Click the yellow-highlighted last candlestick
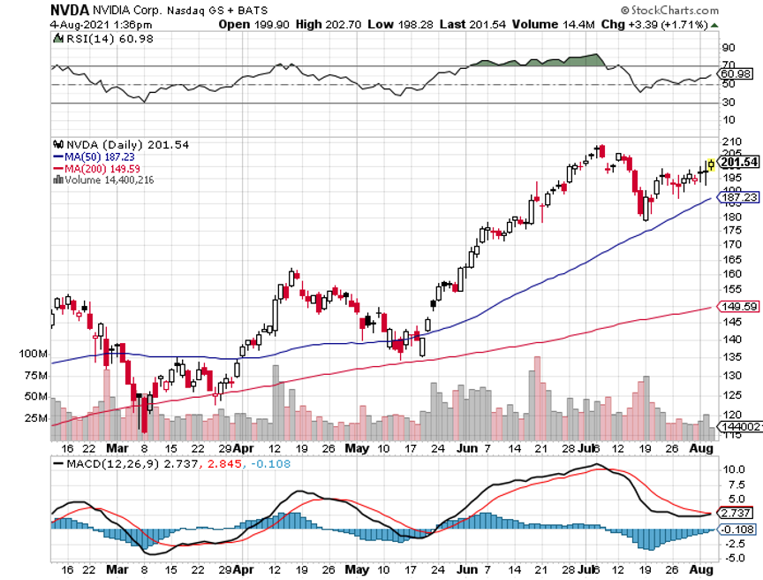click(711, 164)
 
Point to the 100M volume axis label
click(32, 354)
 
